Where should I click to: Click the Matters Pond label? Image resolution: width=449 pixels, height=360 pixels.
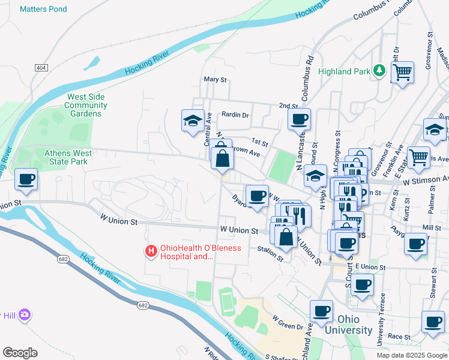coord(43,10)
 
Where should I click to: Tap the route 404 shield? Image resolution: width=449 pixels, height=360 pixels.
coord(41,68)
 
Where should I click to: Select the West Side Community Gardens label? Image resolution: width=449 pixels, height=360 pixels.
coord(86,105)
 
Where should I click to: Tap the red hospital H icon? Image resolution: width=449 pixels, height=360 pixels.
coord(151,251)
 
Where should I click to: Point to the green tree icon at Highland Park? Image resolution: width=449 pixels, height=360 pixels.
coord(379,71)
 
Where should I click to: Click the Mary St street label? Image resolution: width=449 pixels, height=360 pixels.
coord(215,79)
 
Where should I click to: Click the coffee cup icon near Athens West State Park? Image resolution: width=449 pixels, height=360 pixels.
coord(26,179)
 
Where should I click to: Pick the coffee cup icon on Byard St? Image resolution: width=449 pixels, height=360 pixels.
coord(258,196)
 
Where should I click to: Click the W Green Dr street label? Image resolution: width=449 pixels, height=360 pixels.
coord(288,323)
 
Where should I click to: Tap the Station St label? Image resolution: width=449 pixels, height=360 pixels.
coord(270,253)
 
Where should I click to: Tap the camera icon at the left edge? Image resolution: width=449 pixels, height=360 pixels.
coord(24,315)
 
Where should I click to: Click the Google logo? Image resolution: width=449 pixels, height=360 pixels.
coord(20,352)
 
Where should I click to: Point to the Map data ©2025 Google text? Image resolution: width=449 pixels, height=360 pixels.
coord(411,355)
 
